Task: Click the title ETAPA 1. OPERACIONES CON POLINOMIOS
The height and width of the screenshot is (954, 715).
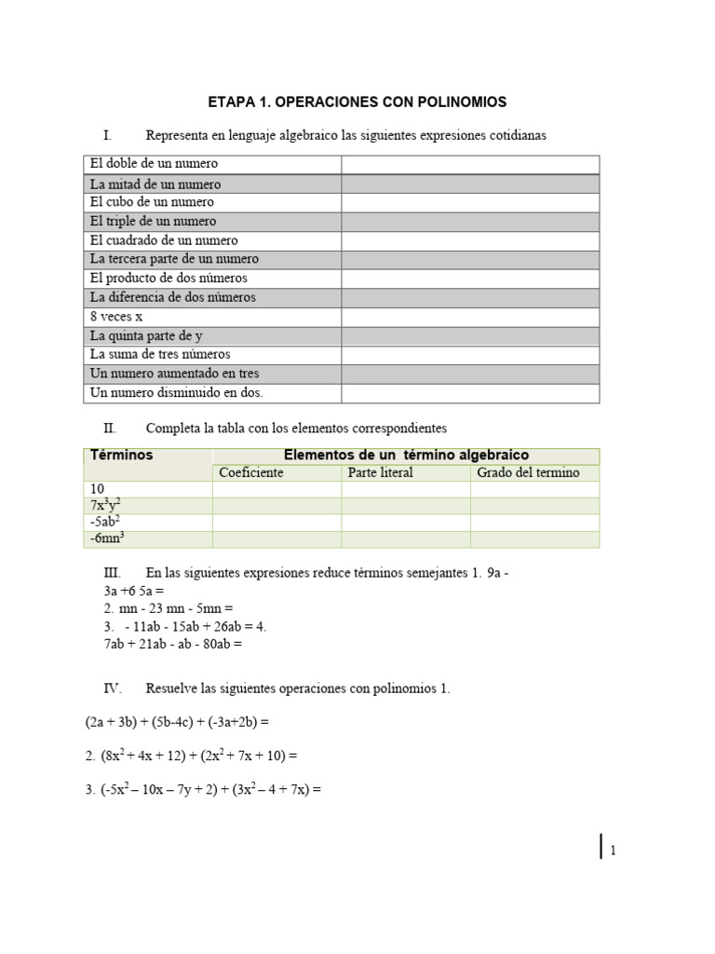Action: (357, 102)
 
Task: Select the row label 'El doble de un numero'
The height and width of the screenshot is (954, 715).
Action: (154, 164)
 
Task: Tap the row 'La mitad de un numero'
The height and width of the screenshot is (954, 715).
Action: (155, 184)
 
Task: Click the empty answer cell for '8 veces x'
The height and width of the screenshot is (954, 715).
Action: (470, 317)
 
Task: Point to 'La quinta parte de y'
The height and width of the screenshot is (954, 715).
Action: (146, 335)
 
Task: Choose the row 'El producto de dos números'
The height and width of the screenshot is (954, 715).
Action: (169, 279)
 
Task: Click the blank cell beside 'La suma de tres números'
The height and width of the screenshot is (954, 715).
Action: (470, 355)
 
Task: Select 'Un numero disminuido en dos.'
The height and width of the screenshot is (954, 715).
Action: (177, 392)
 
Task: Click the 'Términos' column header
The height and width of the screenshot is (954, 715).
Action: (122, 456)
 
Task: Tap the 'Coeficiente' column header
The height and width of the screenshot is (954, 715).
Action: (251, 472)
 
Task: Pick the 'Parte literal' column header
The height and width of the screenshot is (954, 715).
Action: (380, 472)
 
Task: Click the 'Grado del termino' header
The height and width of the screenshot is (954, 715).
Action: (528, 472)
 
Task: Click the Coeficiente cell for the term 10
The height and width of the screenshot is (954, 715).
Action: (277, 489)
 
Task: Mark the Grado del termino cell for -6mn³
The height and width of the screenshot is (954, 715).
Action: (534, 539)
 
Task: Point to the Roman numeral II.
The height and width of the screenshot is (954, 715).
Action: (110, 429)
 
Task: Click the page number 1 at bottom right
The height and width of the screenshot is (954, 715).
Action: (614, 850)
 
